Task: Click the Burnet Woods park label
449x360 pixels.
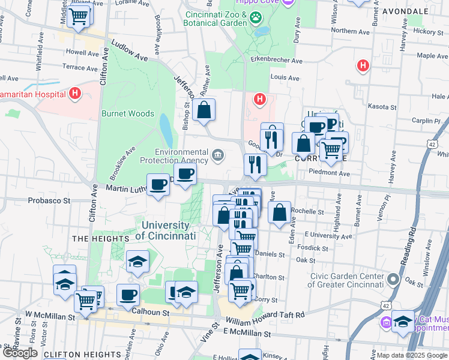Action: click(127, 113)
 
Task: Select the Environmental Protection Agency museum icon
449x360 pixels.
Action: click(217, 156)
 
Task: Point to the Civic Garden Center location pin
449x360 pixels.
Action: click(393, 280)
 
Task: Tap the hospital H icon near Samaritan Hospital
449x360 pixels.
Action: click(75, 93)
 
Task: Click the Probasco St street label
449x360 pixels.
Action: click(49, 200)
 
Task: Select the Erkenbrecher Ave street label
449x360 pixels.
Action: click(277, 60)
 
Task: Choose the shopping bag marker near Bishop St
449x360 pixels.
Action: click(204, 110)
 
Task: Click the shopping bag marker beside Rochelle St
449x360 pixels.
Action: click(279, 212)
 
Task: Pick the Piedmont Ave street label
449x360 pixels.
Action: click(329, 173)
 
